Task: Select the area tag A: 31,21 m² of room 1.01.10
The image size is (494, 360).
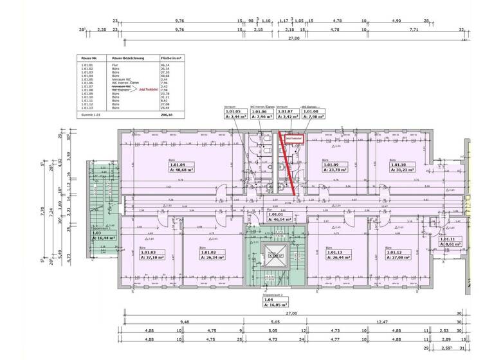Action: point(402,171)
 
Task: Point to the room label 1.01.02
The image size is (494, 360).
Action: point(209,253)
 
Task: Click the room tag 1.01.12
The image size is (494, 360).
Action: point(398,253)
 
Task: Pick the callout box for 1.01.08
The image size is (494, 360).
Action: point(314,111)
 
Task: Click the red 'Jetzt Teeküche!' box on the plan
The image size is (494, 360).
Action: point(294,138)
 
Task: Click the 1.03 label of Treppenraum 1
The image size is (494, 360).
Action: point(96,233)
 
